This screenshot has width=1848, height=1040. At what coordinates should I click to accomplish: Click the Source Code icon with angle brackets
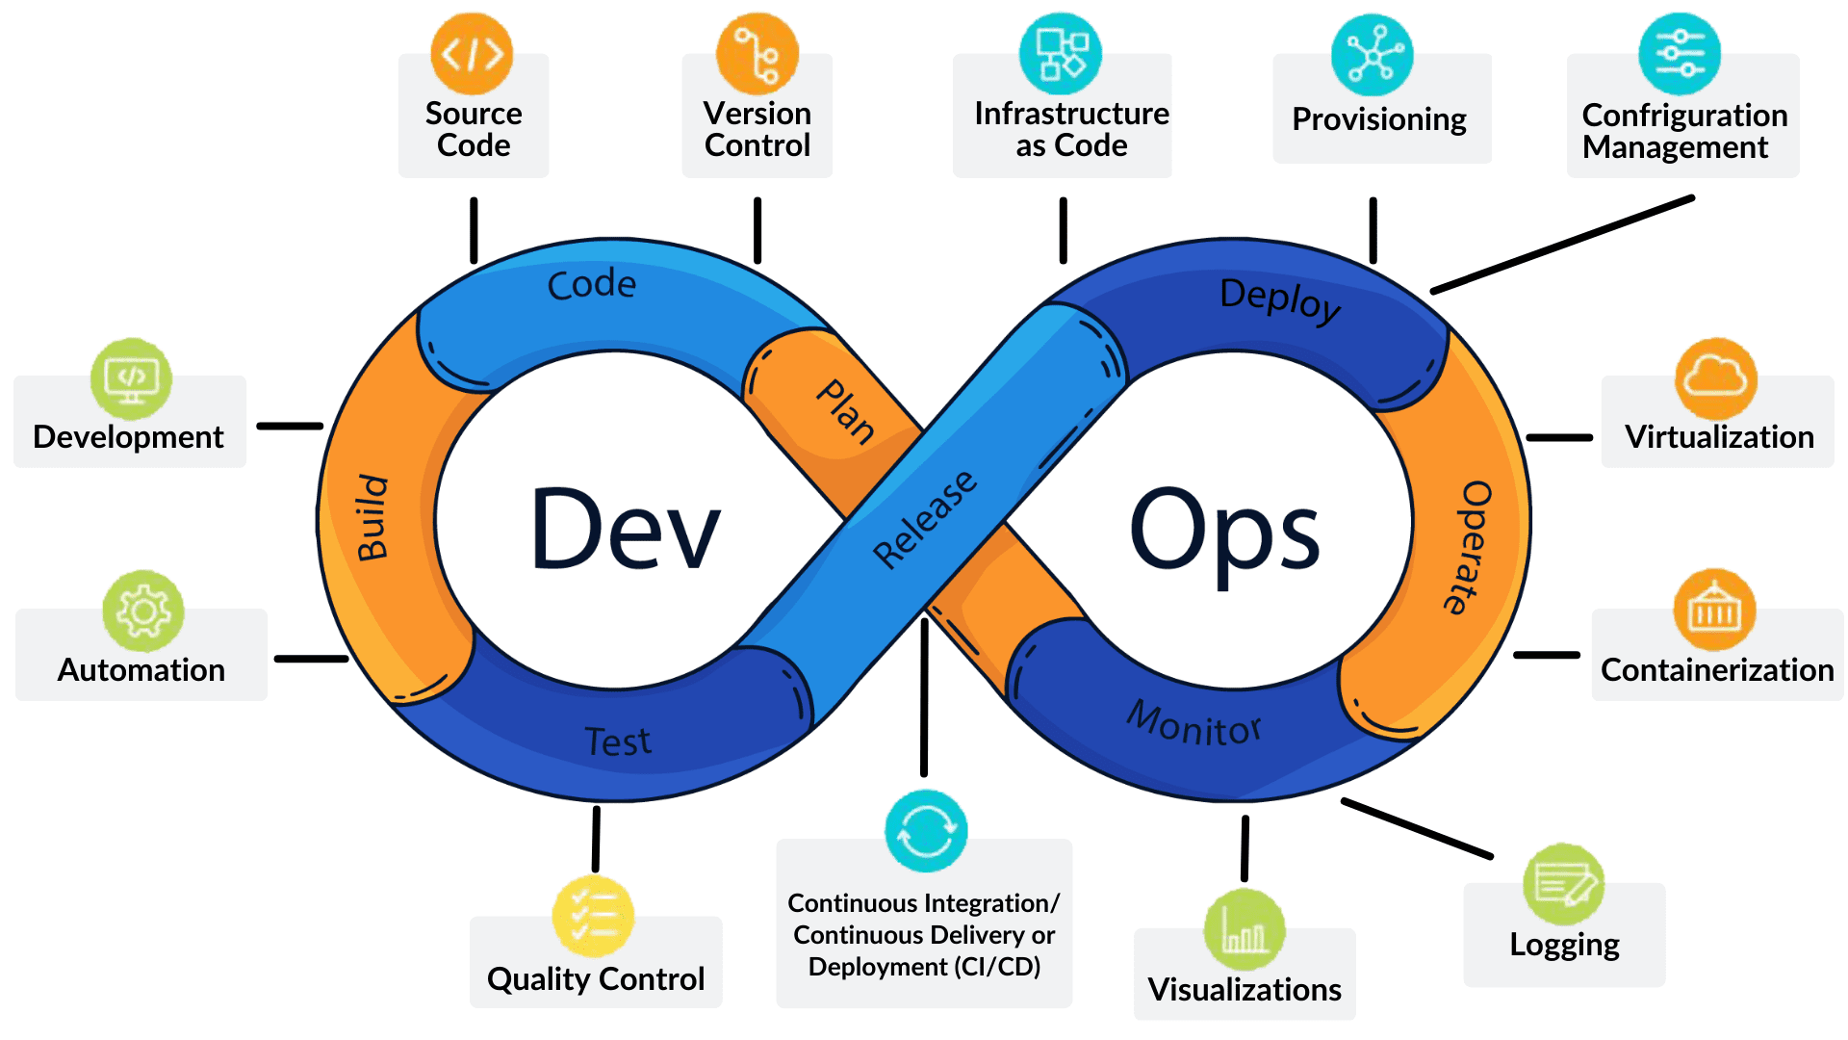(x=472, y=54)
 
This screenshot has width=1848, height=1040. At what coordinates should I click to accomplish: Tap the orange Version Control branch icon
(x=757, y=54)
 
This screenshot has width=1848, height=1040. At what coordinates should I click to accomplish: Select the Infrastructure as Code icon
(x=1061, y=54)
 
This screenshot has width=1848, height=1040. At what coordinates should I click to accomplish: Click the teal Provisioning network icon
(x=1373, y=55)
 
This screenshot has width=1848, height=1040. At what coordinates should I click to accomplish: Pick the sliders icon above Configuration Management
(x=1680, y=54)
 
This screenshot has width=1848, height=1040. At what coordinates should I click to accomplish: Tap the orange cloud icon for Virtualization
(x=1716, y=378)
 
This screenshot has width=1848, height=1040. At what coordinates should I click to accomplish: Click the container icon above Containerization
(x=1714, y=610)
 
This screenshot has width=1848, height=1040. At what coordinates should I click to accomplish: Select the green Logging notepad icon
(x=1564, y=884)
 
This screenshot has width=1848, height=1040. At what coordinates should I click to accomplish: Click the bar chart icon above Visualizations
(x=1244, y=929)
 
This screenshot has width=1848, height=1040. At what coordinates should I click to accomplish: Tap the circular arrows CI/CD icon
(x=926, y=830)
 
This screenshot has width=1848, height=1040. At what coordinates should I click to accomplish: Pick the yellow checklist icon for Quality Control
(x=594, y=916)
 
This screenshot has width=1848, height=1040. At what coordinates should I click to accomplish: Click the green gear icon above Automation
(x=143, y=611)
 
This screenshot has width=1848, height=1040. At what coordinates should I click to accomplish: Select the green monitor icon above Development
(x=132, y=378)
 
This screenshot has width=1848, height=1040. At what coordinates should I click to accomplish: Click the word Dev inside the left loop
(x=626, y=529)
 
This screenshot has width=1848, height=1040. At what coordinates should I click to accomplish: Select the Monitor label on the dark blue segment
(x=1193, y=724)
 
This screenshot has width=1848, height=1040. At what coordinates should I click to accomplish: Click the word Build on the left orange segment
(x=372, y=517)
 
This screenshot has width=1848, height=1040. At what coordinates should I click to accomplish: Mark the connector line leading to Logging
(x=1417, y=828)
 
